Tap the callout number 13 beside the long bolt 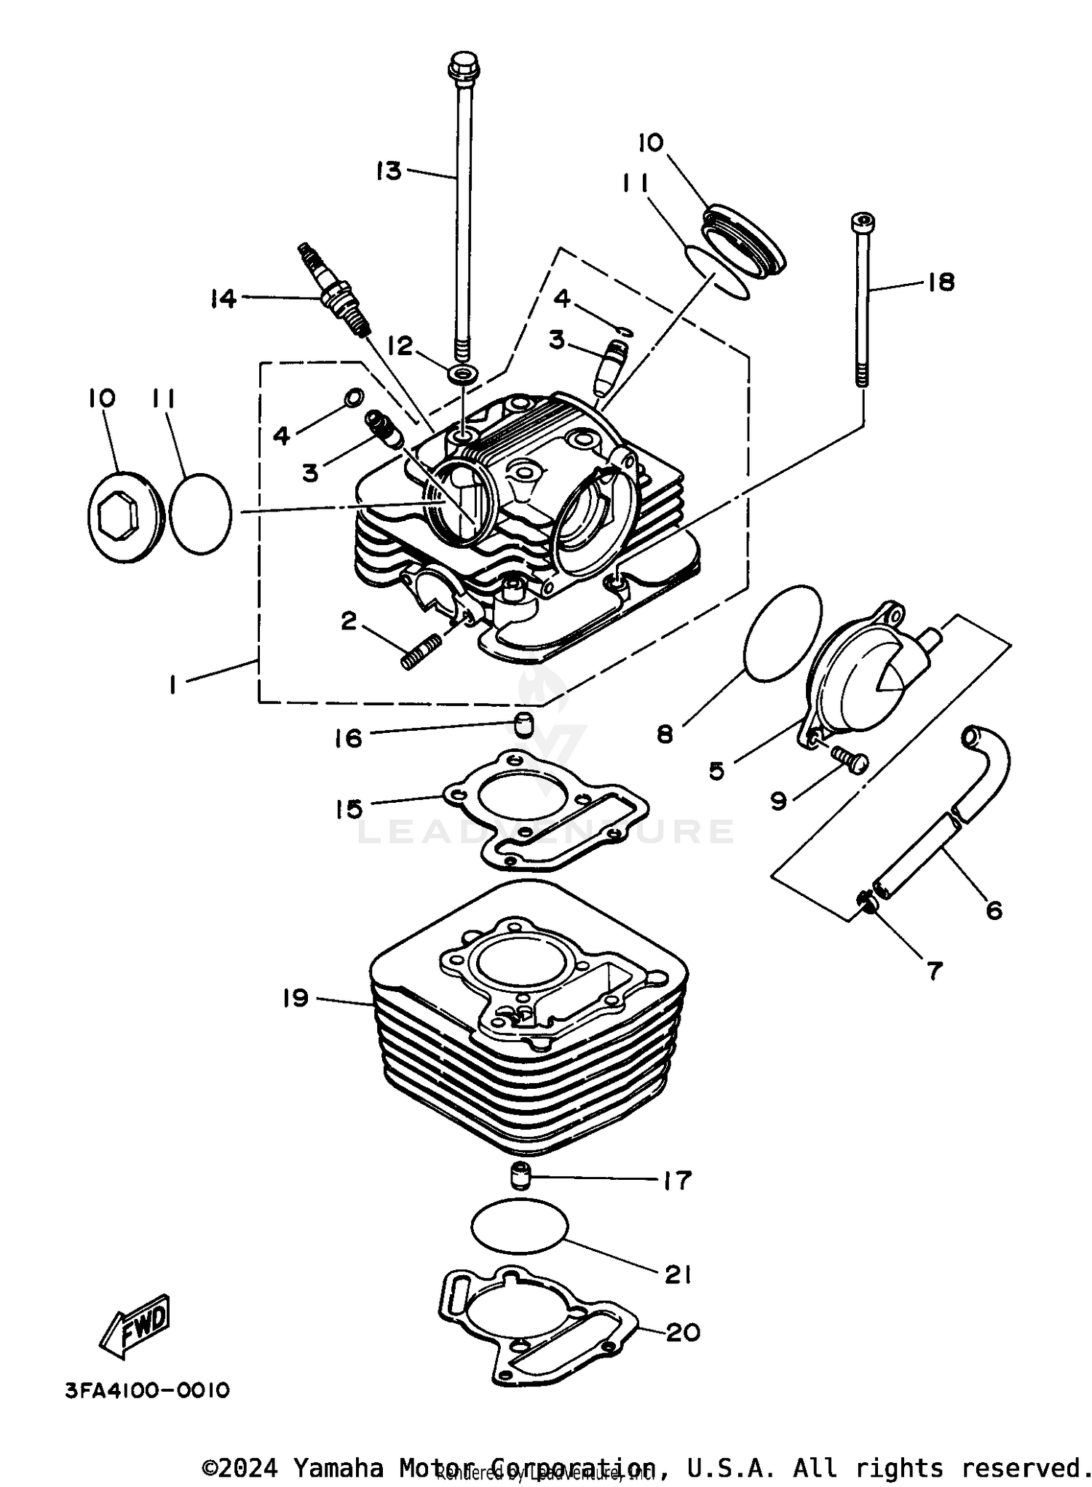click(389, 172)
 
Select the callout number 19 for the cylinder click(296, 998)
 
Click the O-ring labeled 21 click(519, 1226)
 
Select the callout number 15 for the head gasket click(349, 809)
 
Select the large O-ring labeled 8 click(782, 633)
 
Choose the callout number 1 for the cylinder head click(173, 685)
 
